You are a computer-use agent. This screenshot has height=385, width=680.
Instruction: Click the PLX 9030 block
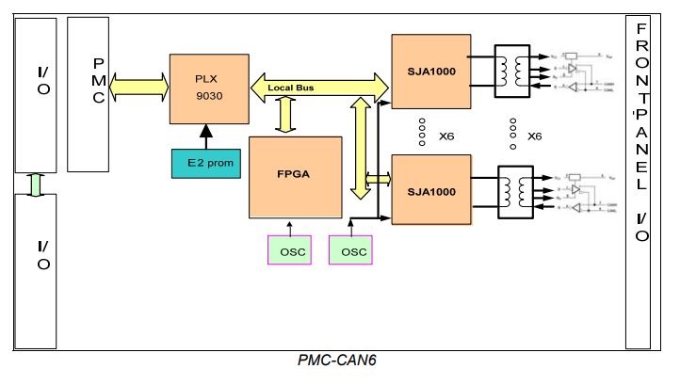[208, 88]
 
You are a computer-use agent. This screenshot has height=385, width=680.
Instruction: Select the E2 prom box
[206, 163]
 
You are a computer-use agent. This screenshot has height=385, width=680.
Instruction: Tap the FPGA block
[295, 176]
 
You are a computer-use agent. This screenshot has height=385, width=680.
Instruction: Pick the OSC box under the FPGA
[291, 250]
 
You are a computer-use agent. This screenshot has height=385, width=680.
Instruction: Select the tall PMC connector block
[89, 93]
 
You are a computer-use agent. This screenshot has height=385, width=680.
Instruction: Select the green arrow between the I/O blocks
[36, 184]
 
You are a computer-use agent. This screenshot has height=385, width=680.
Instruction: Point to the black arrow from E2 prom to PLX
[205, 135]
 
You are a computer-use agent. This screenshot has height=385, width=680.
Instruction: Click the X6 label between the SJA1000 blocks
[446, 136]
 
